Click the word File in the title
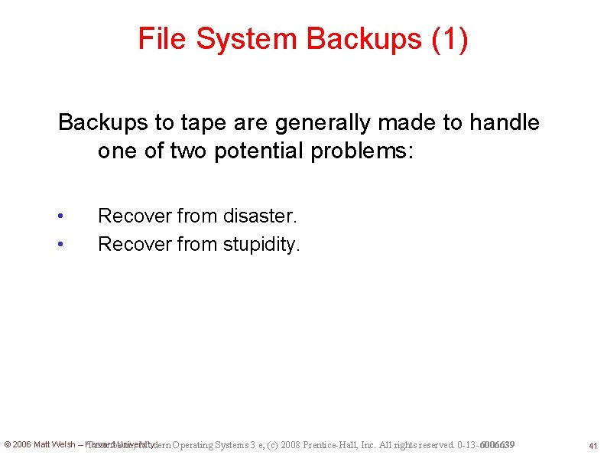pyautogui.click(x=161, y=39)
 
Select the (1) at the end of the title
pyautogui.click(x=450, y=39)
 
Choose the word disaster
pyautogui.click(x=259, y=216)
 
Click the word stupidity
pyautogui.click(x=262, y=245)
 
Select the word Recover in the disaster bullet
pyautogui.click(x=135, y=216)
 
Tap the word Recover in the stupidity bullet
pyautogui.click(x=135, y=245)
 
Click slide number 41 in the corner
pyautogui.click(x=592, y=445)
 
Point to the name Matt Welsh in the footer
pyautogui.click(x=54, y=444)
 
